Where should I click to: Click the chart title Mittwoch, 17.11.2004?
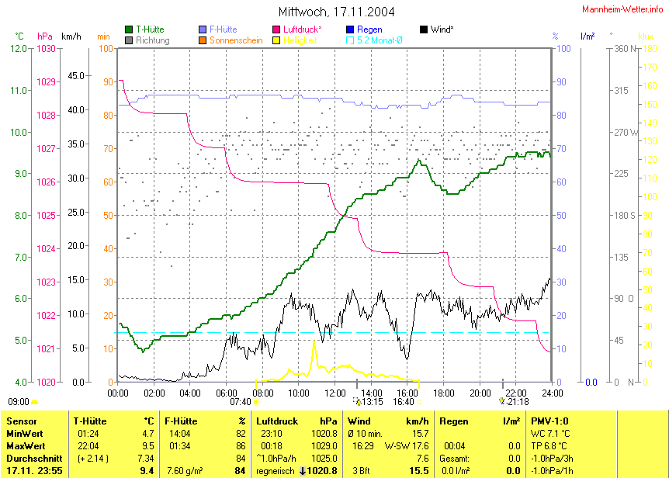[336, 12]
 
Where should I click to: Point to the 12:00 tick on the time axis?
[334, 393]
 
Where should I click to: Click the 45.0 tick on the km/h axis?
[77, 75]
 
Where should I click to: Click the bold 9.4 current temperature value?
[146, 470]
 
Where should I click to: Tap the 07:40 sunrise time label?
[240, 401]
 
